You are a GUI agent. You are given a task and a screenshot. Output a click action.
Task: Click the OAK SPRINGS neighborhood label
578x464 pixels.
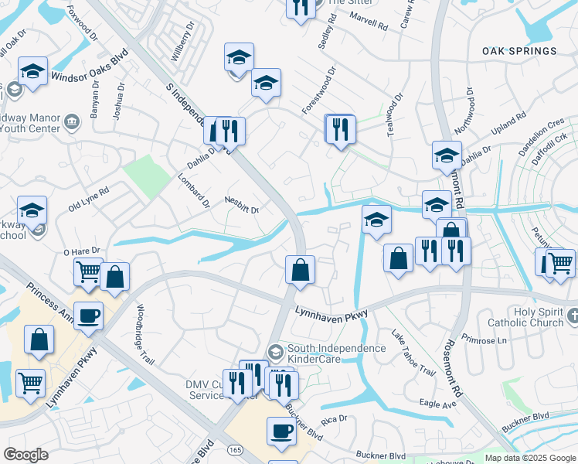[x=518, y=51]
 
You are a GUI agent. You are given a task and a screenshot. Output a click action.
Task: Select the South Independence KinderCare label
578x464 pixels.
[x=336, y=353]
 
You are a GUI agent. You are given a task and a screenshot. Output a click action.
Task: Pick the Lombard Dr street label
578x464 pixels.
[x=195, y=194]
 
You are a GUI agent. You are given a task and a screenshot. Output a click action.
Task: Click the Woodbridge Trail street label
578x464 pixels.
[x=145, y=330]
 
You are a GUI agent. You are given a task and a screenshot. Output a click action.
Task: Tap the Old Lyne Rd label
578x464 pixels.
[x=88, y=199]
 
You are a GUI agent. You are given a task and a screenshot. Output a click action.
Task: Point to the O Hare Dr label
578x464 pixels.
[x=82, y=251]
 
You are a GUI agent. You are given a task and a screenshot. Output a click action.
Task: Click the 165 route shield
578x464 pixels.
[x=234, y=449]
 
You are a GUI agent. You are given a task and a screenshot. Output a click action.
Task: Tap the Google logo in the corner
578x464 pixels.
[x=26, y=455]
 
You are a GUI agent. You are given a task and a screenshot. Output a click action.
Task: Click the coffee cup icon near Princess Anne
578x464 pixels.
[x=88, y=316]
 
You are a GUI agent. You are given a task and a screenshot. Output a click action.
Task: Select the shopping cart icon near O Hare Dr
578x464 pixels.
[x=88, y=271]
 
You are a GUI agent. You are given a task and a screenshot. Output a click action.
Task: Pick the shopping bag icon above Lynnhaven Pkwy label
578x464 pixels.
[x=300, y=270]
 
